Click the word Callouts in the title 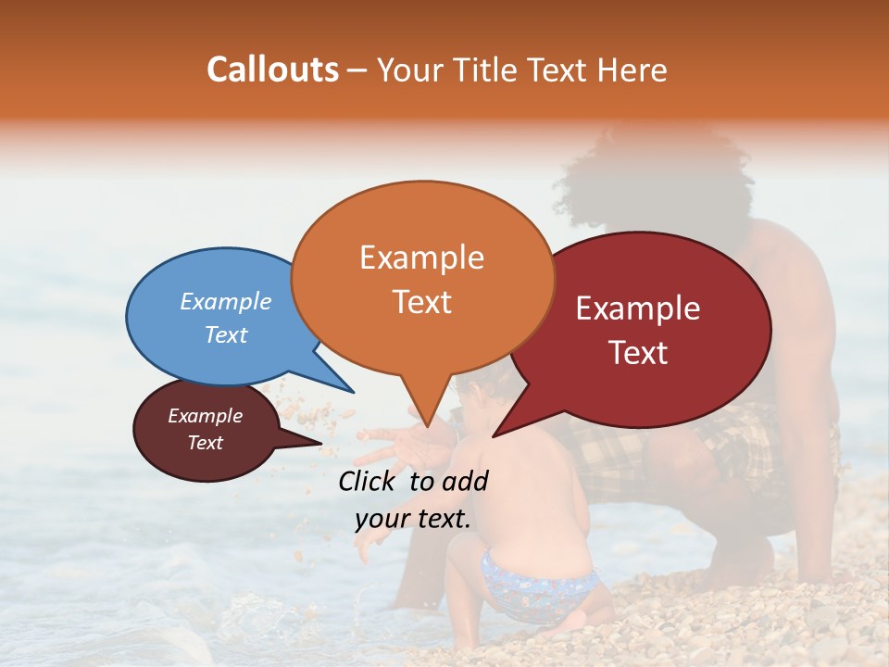click(x=272, y=69)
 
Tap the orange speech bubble click(x=422, y=278)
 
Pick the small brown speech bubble click(x=206, y=430)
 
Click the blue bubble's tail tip click(x=353, y=392)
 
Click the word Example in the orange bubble click(x=422, y=258)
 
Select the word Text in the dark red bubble click(x=639, y=352)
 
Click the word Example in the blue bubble click(x=226, y=301)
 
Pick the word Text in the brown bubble click(x=206, y=443)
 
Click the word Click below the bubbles click(x=369, y=481)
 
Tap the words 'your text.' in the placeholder click(x=413, y=518)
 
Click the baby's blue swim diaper click(x=537, y=584)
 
